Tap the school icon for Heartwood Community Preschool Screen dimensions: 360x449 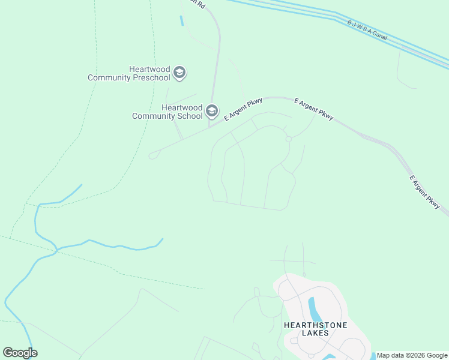point(179,73)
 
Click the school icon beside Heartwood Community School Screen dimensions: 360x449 point(211,111)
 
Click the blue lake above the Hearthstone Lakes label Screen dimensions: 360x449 point(313,308)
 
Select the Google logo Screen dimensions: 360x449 point(20,353)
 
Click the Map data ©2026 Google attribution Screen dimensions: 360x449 point(412,355)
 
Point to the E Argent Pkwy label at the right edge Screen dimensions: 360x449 point(424,192)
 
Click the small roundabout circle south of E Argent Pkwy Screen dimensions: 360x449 point(288,139)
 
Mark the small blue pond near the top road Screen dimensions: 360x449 point(181,20)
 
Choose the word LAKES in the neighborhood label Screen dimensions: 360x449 point(315,333)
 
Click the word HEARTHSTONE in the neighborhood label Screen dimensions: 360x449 point(315,325)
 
